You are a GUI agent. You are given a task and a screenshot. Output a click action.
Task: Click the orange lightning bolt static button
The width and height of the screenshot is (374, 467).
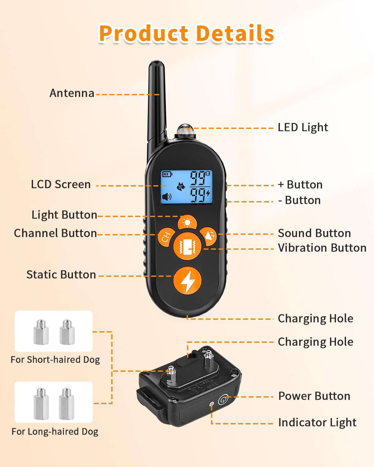(x=187, y=281)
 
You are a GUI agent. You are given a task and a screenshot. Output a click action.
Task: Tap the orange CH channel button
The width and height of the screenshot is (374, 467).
(x=166, y=237)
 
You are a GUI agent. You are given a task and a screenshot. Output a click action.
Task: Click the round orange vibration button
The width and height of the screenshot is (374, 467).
(x=187, y=246)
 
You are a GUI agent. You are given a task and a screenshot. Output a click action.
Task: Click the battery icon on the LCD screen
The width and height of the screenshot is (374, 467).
(x=167, y=174)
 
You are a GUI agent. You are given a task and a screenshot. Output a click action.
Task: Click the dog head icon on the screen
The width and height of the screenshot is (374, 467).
(x=181, y=186)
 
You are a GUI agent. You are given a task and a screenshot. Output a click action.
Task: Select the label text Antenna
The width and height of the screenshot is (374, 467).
(x=72, y=93)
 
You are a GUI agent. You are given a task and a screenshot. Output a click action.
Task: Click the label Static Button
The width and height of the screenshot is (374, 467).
(x=61, y=275)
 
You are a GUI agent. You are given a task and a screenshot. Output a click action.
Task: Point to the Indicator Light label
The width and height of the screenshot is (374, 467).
(x=317, y=422)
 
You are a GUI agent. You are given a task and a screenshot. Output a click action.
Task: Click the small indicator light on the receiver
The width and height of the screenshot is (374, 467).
(x=211, y=404)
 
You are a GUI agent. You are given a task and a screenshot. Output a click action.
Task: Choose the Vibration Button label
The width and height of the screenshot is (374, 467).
(x=322, y=248)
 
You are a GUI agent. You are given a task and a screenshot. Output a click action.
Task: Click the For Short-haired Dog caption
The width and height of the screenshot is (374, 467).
(x=55, y=360)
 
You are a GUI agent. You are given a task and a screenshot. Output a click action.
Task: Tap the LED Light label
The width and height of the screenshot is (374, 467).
(x=303, y=127)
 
